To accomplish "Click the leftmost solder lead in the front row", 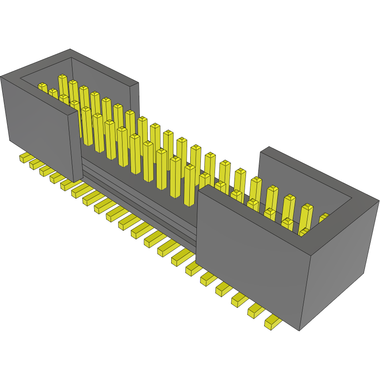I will coord(25,157).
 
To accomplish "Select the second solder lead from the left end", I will coord(35,164).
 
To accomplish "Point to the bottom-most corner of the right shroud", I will coord(299,330).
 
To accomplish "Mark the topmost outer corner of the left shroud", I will coord(70,49).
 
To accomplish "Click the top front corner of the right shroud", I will coord(312,256).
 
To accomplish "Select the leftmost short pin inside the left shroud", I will coord(42,87).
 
